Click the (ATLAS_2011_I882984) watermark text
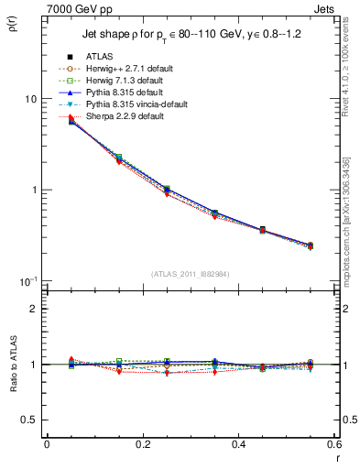[190, 273]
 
